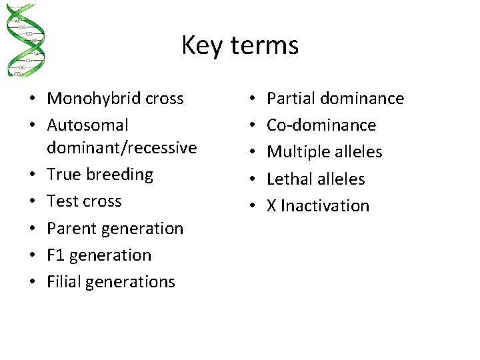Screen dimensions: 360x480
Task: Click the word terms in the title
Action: pos(265,46)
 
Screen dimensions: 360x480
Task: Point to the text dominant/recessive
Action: pos(122,147)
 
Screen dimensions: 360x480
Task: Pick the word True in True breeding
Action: pos(63,175)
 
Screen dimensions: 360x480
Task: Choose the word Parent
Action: pos(70,228)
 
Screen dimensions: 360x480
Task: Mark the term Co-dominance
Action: pos(321,125)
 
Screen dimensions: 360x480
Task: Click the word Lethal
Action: pos(288,179)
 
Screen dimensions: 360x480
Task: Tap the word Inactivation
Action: pos(325,205)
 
